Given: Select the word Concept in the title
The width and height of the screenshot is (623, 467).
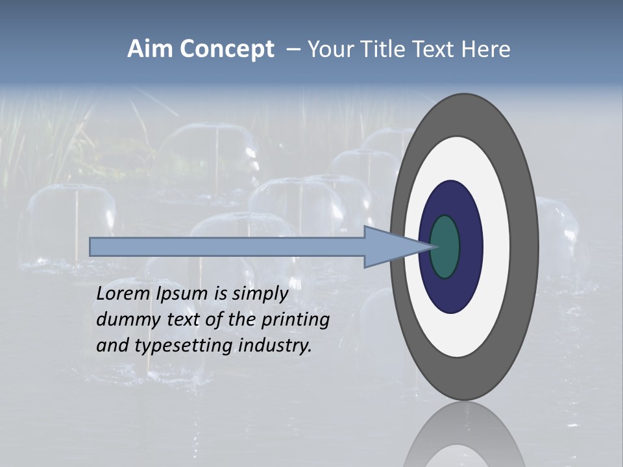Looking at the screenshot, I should (x=226, y=49).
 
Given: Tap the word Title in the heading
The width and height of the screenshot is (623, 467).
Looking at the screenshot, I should (x=385, y=49).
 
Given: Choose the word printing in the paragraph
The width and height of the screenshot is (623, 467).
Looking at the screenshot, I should (x=295, y=320).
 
